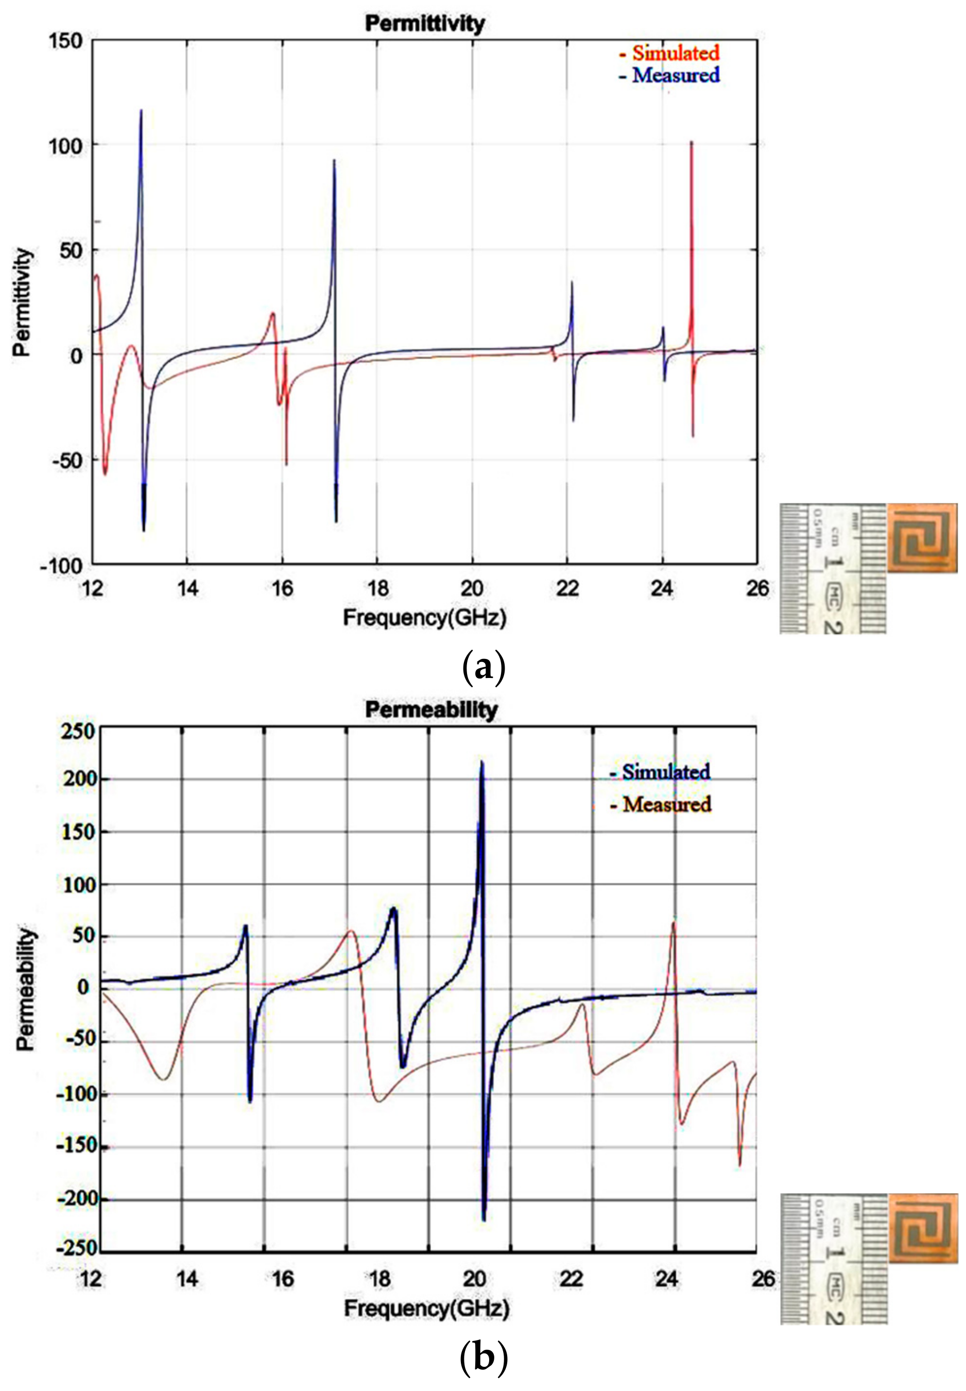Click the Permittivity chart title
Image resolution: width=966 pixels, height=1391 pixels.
(x=424, y=24)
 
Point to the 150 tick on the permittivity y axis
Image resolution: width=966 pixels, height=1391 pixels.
(x=65, y=41)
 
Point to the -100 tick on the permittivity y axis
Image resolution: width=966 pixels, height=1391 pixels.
(x=61, y=566)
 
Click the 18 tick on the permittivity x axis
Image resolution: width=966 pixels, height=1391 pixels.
(x=377, y=588)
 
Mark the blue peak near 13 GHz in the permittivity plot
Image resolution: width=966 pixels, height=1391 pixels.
(x=141, y=111)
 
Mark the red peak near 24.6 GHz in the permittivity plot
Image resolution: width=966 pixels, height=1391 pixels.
(x=691, y=143)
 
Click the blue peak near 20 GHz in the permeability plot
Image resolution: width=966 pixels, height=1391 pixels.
(x=482, y=763)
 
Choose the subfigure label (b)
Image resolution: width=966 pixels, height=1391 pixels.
(x=482, y=1359)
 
